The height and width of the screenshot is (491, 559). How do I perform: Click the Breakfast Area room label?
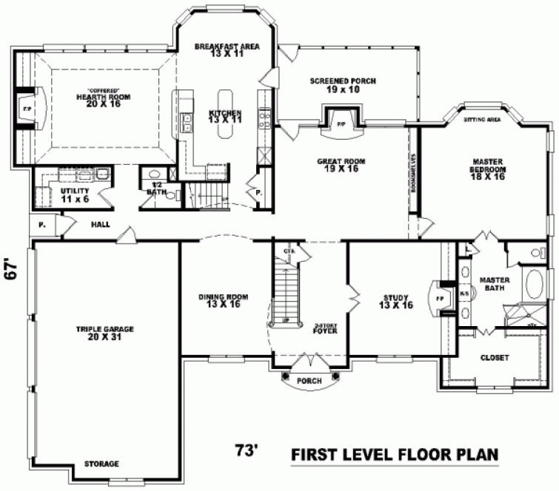[227, 50]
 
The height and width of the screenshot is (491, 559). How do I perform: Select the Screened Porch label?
[332, 84]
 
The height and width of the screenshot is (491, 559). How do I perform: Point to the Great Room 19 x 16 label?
[341, 165]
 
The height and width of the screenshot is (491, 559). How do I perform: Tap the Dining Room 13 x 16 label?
[223, 300]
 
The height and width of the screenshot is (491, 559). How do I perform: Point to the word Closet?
[495, 357]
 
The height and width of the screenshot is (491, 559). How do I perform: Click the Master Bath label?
[493, 284]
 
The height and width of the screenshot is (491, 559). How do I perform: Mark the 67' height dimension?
[11, 272]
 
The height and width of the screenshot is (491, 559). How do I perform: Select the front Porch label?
[309, 382]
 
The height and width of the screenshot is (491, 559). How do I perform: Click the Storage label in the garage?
[103, 464]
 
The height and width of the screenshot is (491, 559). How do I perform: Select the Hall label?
[101, 223]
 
